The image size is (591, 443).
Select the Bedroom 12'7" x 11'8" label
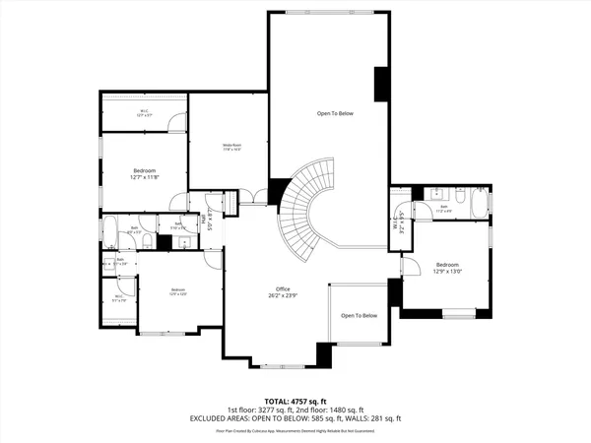pyautogui.click(x=145, y=174)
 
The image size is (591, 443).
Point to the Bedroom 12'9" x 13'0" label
pyautogui.click(x=447, y=268)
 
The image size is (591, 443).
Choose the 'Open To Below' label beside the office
pyautogui.click(x=359, y=315)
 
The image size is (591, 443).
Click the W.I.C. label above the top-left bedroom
pyautogui.click(x=144, y=112)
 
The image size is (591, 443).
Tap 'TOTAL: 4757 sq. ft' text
pyautogui.click(x=295, y=401)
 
